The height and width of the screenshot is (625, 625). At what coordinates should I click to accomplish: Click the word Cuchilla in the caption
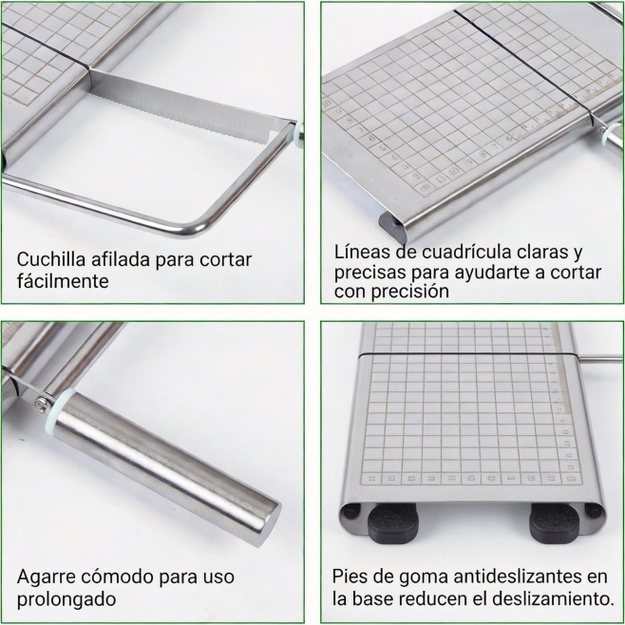point(51,259)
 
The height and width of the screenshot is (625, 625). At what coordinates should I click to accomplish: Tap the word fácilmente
point(63,281)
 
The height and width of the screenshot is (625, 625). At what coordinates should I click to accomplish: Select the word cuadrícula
point(466,252)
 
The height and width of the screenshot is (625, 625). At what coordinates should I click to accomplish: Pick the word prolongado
point(66,599)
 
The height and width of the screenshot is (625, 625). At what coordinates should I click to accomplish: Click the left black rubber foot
point(392,523)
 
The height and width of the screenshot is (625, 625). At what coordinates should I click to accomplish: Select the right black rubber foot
point(554,523)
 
